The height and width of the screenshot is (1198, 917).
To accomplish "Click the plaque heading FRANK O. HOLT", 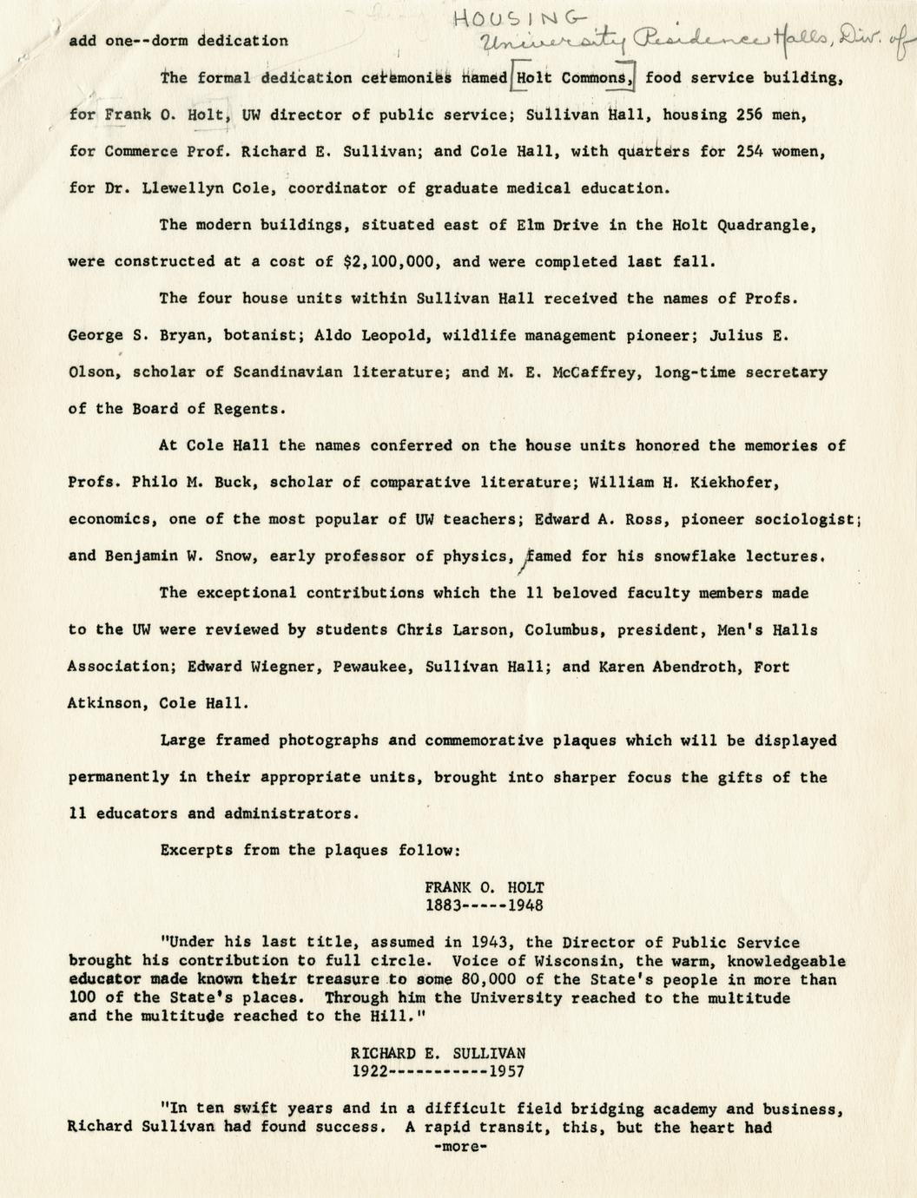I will (x=484, y=887).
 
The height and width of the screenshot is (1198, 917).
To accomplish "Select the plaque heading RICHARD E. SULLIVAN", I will (x=438, y=1053).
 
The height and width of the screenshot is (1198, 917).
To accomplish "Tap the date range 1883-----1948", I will (x=484, y=905).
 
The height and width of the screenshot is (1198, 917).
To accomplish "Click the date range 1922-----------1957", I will (x=438, y=1071).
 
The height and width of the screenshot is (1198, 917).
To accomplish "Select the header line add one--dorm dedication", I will (x=178, y=40).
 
